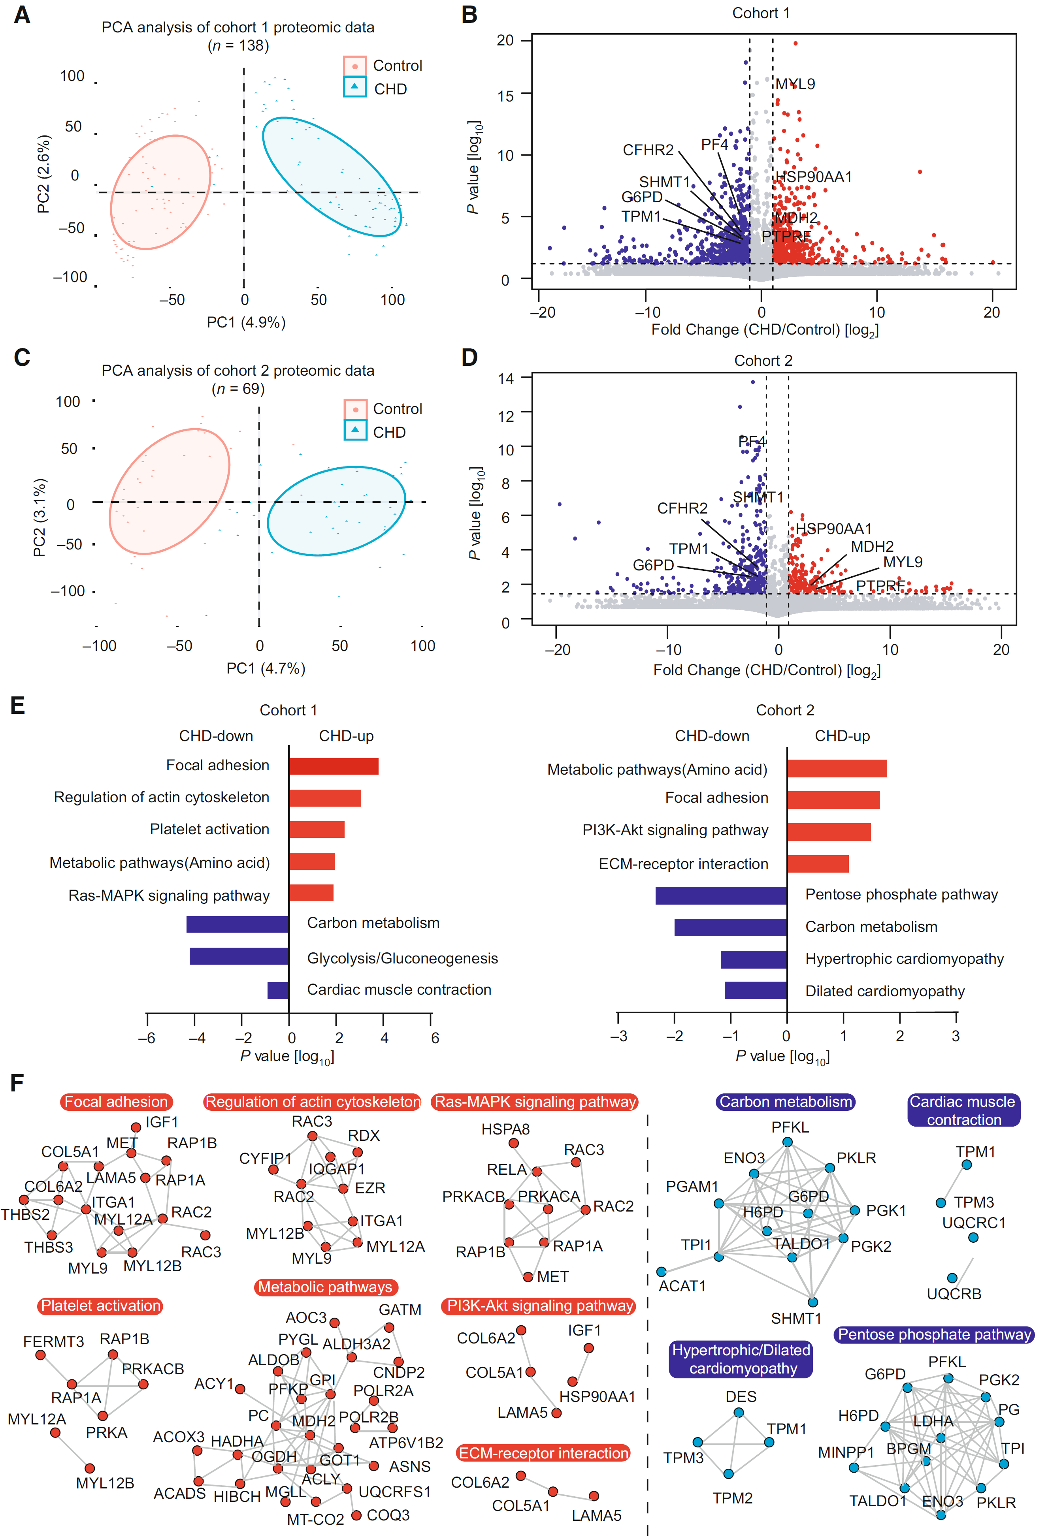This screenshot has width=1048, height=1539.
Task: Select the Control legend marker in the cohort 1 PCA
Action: click(x=355, y=66)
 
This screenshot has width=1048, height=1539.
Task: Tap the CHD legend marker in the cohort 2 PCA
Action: click(x=355, y=431)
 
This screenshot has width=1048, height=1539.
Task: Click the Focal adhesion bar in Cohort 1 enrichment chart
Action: click(x=334, y=766)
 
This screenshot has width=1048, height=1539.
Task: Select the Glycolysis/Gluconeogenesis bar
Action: click(x=239, y=956)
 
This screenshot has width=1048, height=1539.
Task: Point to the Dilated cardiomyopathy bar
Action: click(x=756, y=990)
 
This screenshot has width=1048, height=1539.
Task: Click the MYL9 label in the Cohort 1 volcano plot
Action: click(x=795, y=84)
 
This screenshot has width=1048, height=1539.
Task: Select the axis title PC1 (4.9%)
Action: click(x=246, y=322)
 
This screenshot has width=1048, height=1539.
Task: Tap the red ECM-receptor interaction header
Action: click(x=543, y=1453)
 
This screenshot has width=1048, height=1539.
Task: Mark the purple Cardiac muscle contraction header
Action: click(x=963, y=1110)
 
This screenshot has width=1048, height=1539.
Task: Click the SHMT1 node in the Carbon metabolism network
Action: click(x=813, y=1302)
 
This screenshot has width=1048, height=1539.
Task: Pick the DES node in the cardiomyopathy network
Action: click(x=739, y=1413)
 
